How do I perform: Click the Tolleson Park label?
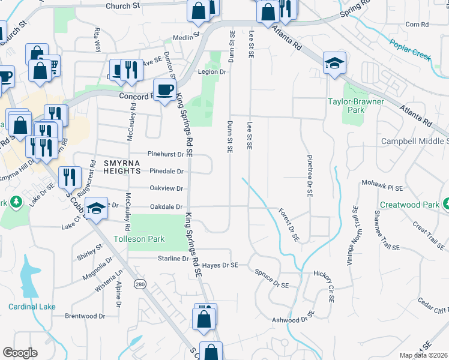tap(139, 239)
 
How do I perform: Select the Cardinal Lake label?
tap(32, 307)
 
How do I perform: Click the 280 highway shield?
tap(140, 284)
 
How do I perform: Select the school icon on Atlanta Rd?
tap(334, 63)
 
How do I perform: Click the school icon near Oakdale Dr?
tap(95, 208)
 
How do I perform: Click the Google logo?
tap(20, 353)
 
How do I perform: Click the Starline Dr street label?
tap(173, 259)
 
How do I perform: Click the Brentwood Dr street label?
tap(85, 316)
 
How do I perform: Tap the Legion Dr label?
tap(212, 71)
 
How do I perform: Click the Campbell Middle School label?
tap(415, 142)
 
